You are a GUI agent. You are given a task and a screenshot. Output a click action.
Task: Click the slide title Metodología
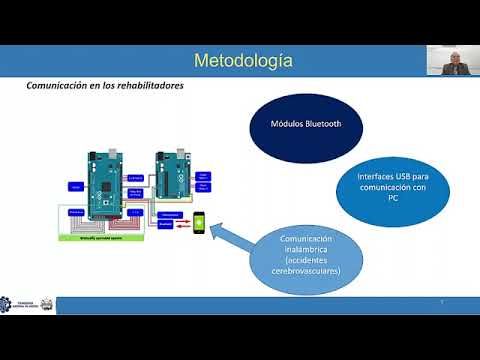[x=242, y=61]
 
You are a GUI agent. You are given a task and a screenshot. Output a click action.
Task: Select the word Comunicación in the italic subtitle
[x=58, y=86]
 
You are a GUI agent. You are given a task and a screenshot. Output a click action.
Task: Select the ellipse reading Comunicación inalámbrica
[x=309, y=255]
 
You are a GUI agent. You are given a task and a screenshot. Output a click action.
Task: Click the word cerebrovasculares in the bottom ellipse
[x=309, y=271]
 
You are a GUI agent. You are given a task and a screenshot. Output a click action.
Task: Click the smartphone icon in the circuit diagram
[x=199, y=220]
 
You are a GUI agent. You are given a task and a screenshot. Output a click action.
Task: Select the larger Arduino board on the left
[x=104, y=187]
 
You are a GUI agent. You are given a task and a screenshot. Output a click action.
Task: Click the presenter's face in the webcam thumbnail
[x=455, y=61]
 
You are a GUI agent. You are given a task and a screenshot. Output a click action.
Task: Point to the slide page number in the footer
[x=442, y=301]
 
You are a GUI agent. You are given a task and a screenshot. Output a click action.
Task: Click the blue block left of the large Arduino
[x=76, y=185]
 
